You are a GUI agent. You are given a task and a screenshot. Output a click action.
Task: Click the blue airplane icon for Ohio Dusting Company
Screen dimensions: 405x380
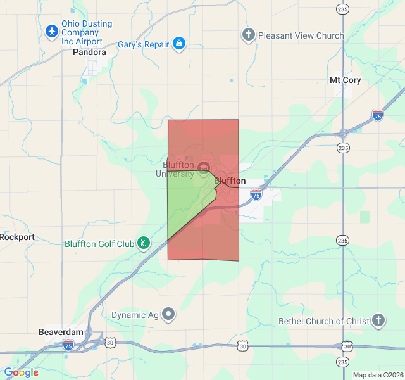pos(53,30)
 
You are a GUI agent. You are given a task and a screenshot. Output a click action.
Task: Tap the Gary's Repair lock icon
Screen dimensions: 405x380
pos(179,44)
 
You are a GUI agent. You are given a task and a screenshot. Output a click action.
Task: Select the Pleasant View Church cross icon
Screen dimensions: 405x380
pos(249,35)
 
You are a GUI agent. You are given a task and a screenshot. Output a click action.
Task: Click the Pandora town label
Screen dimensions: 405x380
pos(89,53)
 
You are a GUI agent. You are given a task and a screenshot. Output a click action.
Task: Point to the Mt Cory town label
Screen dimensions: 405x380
pos(345,80)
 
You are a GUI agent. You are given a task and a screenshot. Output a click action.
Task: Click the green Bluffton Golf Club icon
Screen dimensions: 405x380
pos(144,243)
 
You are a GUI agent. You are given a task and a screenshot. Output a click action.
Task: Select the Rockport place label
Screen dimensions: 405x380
pos(18,237)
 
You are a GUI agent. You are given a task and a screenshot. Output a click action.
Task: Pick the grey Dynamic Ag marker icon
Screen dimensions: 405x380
pos(168,313)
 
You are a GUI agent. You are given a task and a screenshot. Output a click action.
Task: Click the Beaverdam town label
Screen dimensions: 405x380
pos(61,332)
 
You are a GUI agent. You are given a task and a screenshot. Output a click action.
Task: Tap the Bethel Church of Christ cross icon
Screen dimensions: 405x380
pos(378,320)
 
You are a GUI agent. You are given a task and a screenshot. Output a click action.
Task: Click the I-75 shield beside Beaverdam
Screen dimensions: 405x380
pos(68,345)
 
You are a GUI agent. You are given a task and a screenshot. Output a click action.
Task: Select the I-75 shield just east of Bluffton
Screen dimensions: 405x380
pos(256,194)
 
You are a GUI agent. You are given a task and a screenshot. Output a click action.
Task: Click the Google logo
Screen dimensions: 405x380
pos(22,372)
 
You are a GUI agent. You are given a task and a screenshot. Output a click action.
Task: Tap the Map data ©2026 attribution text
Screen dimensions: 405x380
pos(377,375)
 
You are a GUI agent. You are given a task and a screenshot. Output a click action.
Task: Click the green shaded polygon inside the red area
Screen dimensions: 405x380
pos(187,203)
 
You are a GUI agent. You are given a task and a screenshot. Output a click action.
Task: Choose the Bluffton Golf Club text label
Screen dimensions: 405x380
pos(99,244)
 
